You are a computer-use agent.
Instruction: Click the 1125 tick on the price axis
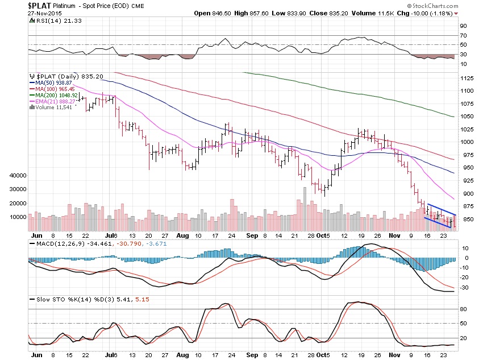tap(467, 78)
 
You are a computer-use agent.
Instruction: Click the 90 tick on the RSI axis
tap(463, 26)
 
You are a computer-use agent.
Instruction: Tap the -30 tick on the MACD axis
tap(464, 287)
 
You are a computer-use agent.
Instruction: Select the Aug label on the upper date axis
tap(181, 234)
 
